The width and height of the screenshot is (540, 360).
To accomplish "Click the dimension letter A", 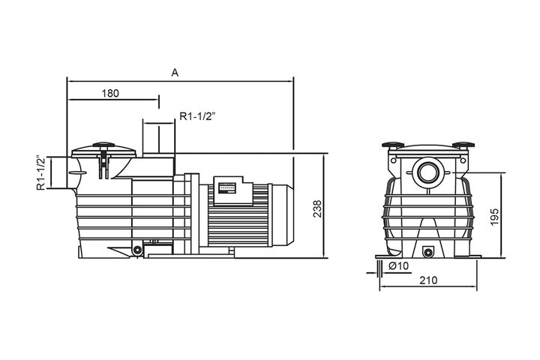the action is pyautogui.click(x=175, y=73).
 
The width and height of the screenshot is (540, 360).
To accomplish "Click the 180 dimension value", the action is pyautogui.click(x=110, y=93).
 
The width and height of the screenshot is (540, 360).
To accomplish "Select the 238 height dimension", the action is pyautogui.click(x=317, y=208).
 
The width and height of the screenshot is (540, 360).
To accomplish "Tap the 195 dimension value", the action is pyautogui.click(x=494, y=217).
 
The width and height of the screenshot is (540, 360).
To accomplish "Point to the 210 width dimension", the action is pyautogui.click(x=428, y=280).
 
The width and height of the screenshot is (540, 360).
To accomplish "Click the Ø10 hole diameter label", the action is pyautogui.click(x=399, y=266).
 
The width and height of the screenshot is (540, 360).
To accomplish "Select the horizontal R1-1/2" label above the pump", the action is pyautogui.click(x=197, y=116).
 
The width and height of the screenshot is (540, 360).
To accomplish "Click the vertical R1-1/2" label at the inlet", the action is pyautogui.click(x=41, y=172).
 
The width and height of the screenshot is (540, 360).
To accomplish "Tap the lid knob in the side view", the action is pyautogui.click(x=103, y=145).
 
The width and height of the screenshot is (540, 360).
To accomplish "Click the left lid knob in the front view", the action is pyautogui.click(x=393, y=145).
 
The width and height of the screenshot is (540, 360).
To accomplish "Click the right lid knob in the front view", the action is pyautogui.click(x=463, y=145).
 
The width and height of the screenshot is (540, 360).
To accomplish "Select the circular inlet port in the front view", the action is pyautogui.click(x=428, y=172).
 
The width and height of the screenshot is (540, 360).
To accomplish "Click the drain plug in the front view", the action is pyautogui.click(x=428, y=253).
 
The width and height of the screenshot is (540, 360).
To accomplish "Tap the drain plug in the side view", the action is pyautogui.click(x=137, y=250).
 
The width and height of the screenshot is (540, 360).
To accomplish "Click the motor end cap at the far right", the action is pyautogui.click(x=283, y=215).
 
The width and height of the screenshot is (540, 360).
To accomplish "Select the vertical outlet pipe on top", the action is pyautogui.click(x=159, y=138).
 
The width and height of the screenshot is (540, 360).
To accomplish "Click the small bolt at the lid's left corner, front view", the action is pyautogui.click(x=393, y=160).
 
